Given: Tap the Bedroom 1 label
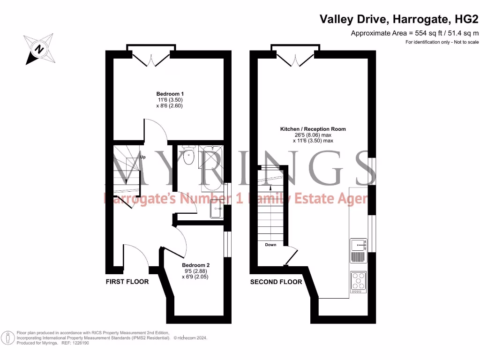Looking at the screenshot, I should click(170, 94).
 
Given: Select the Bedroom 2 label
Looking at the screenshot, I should click(195, 265).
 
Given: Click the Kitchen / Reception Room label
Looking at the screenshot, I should click(313, 129).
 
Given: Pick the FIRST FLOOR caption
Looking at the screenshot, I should click(127, 282).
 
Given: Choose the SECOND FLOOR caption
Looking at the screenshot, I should click(276, 282).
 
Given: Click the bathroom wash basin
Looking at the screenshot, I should click(217, 209).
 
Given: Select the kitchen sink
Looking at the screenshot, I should click(359, 245).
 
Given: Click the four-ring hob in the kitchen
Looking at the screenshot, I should click(359, 281).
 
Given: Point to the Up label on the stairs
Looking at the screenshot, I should click(143, 157).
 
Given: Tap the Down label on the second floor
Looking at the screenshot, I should click(270, 245).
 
